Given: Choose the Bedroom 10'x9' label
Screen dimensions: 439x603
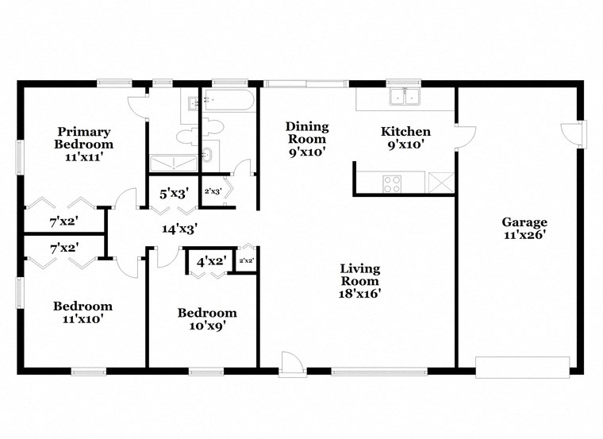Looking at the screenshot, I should tap(206, 318).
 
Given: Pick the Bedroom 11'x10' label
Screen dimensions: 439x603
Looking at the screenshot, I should tap(83, 313).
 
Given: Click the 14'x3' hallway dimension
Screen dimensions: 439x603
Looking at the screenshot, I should tap(179, 229).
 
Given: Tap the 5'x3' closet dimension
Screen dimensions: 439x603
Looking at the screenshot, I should tap(174, 192).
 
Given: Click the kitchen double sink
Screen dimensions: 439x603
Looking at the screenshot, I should tap(405, 98).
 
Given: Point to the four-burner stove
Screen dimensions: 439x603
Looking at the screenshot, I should tap(392, 183).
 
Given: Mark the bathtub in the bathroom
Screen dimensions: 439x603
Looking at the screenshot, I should tap(229, 101).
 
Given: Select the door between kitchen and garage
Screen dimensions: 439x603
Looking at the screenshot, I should tap(464, 135).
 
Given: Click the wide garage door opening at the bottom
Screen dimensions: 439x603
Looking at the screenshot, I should tap(522, 364).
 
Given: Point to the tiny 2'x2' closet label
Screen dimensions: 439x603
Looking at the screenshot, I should tap(248, 260).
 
